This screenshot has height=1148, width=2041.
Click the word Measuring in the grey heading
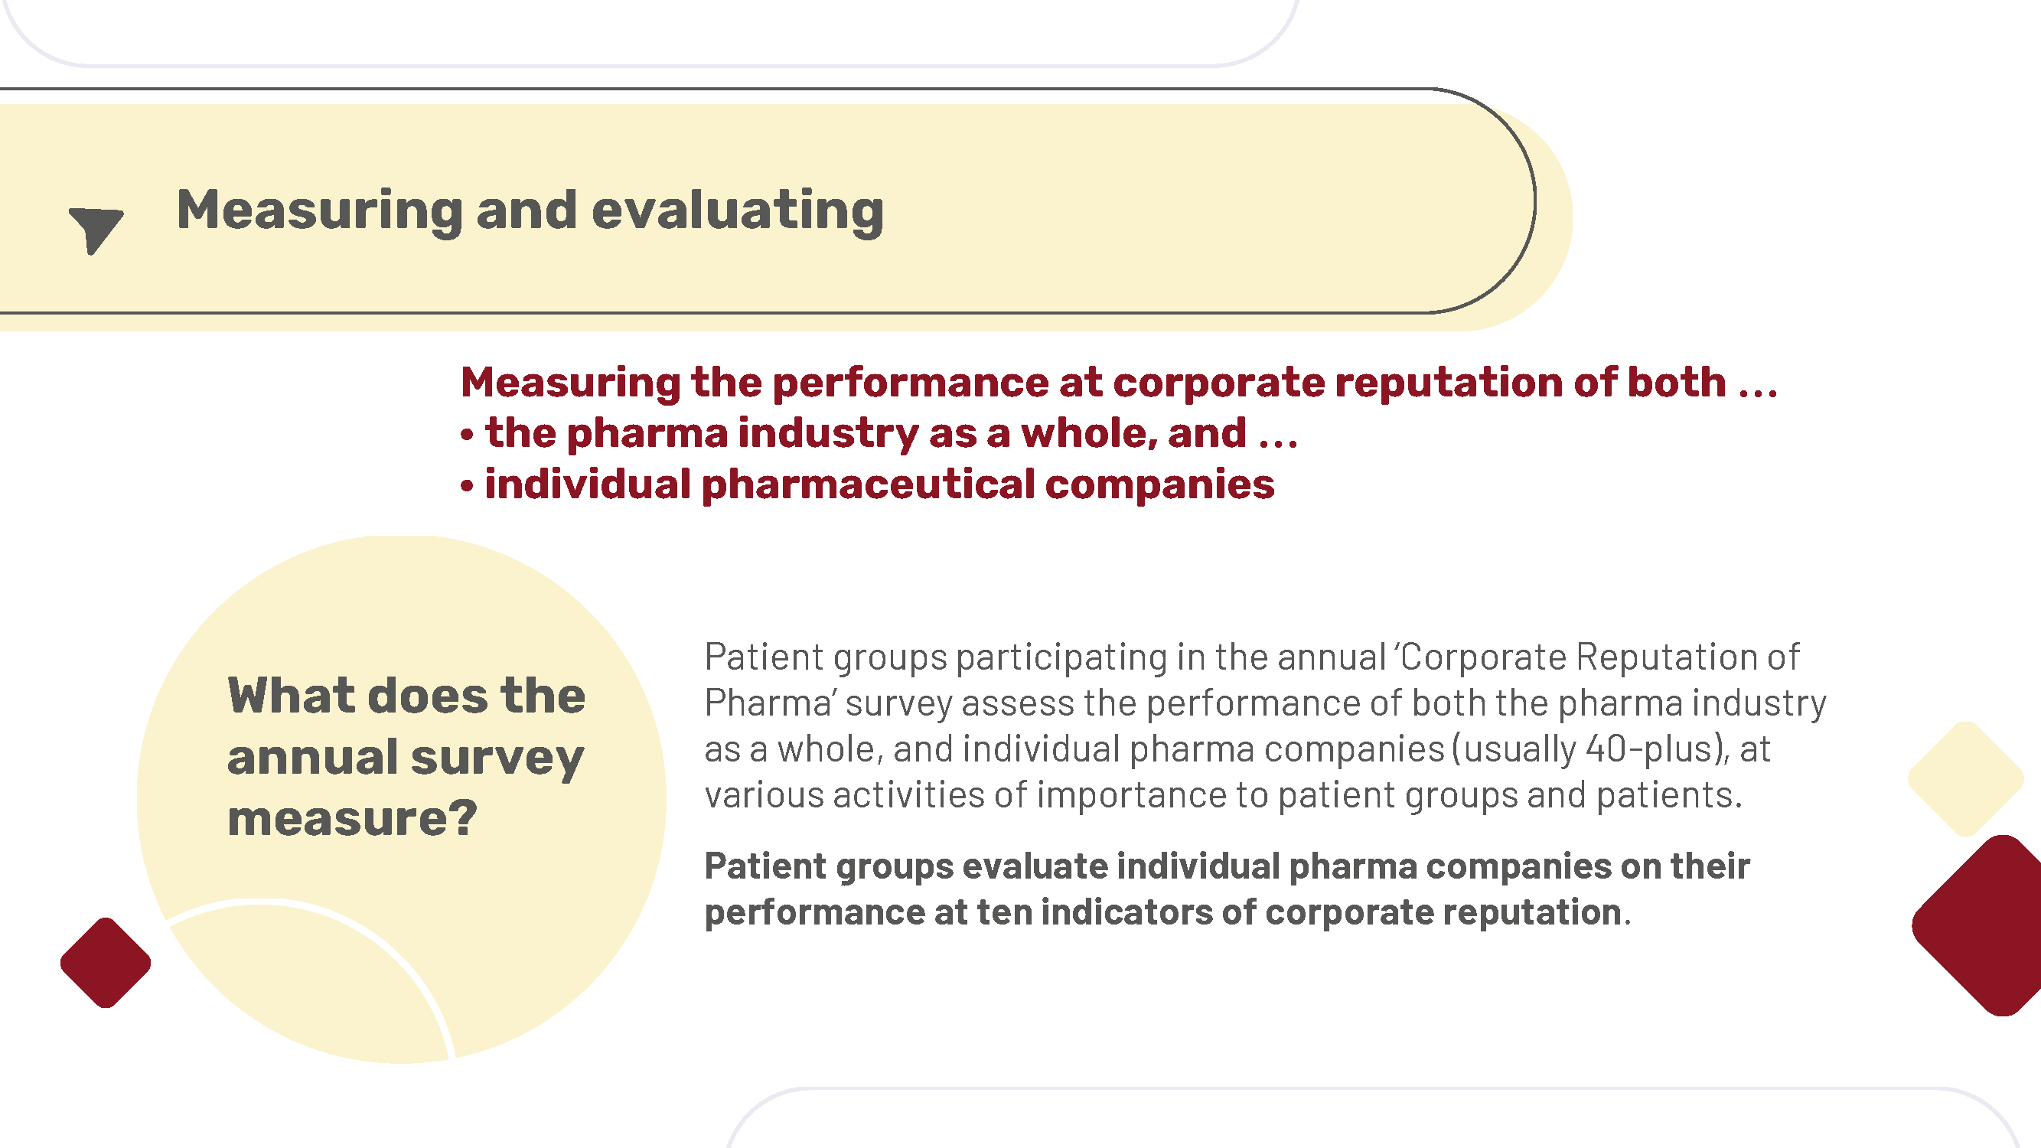(319, 211)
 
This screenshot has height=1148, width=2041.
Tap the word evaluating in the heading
(738, 211)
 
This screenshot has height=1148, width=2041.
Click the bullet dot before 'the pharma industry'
(468, 434)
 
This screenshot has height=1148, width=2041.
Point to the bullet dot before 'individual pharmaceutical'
(468, 486)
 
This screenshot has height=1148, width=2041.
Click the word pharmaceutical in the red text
(869, 485)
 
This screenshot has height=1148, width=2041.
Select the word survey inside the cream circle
(497, 759)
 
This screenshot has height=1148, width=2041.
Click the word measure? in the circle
(353, 818)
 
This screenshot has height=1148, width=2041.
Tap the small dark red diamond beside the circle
(106, 963)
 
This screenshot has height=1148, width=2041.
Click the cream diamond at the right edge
(1966, 779)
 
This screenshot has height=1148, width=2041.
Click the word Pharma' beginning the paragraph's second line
(770, 703)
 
